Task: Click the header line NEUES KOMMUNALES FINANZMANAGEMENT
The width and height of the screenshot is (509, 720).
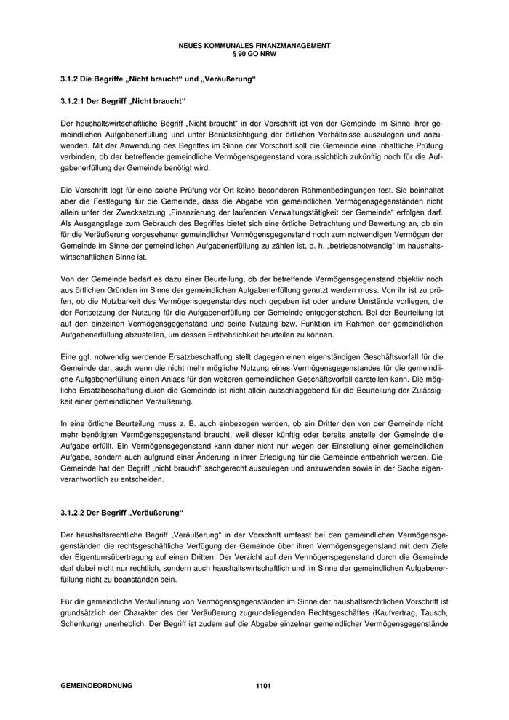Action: [x=254, y=45]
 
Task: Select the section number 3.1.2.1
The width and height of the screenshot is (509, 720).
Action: [x=74, y=100]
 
